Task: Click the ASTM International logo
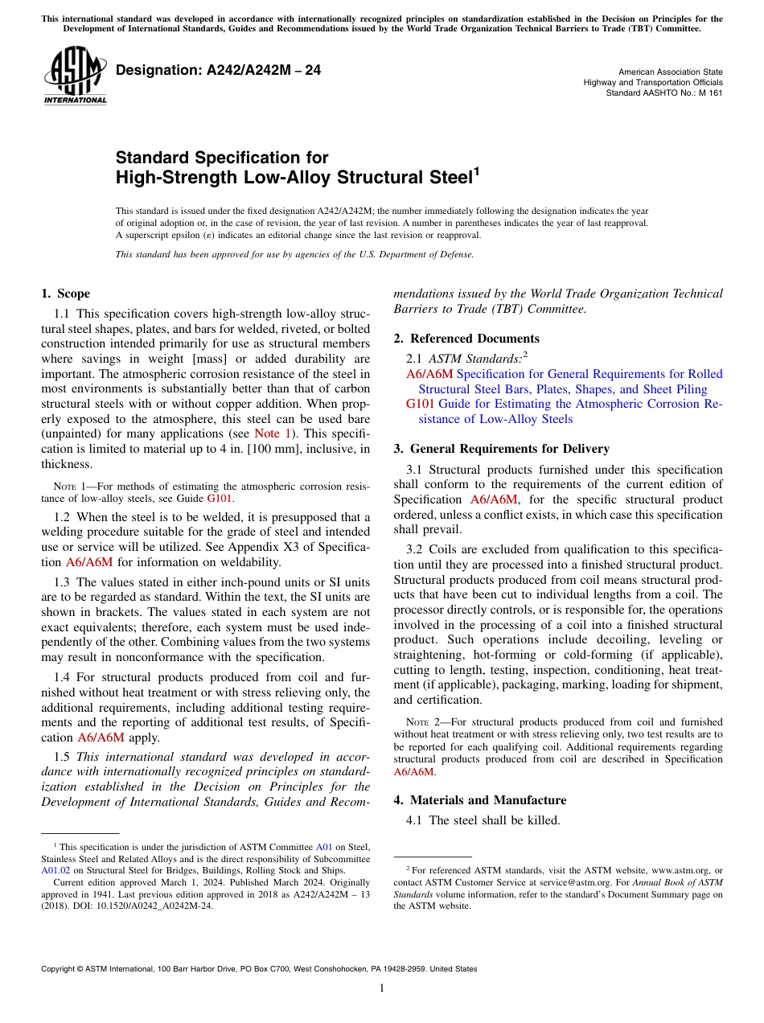[75, 76]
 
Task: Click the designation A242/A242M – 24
[218, 71]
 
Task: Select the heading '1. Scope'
[66, 294]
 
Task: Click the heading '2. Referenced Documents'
[466, 339]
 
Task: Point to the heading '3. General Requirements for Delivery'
[501, 449]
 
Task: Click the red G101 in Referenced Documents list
[421, 404]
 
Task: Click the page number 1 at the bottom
[382, 988]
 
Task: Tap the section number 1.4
[64, 677]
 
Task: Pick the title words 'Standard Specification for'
[222, 158]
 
